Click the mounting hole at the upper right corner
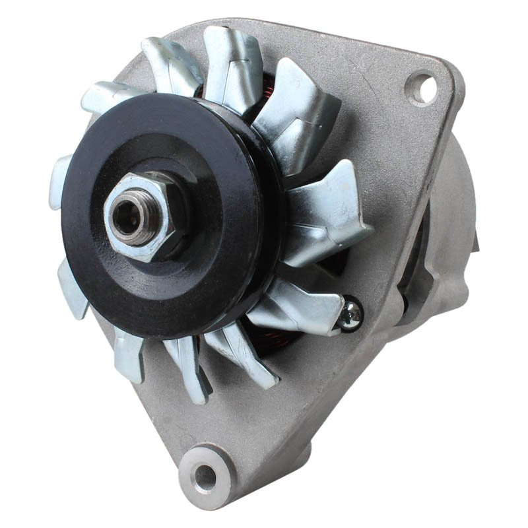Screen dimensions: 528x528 pyautogui.click(x=420, y=88)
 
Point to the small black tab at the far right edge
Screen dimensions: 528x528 pyautogui.click(x=475, y=244)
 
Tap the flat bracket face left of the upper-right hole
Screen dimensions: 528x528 pyautogui.click(x=370, y=73)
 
